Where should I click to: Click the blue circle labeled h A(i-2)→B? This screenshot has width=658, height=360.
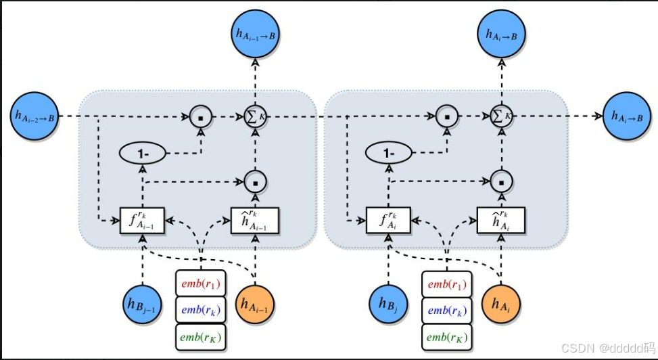pos(35,116)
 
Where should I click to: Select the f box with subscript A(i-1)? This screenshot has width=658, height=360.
pos(143,221)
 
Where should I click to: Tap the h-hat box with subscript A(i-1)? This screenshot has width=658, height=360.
pos(256,221)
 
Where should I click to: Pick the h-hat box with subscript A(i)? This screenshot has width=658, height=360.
pos(501,221)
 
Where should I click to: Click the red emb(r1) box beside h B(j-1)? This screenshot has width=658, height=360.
pos(200,283)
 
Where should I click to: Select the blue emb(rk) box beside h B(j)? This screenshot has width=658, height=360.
pos(446,309)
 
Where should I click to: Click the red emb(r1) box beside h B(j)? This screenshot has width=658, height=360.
pos(446,283)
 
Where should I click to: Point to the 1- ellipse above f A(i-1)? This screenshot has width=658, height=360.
pos(143,154)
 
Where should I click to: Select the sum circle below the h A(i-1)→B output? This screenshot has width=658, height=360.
pos(255,116)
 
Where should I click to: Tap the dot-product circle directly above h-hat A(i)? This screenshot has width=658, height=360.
pos(501,181)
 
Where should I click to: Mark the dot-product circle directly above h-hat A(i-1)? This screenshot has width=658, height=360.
pos(256,181)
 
